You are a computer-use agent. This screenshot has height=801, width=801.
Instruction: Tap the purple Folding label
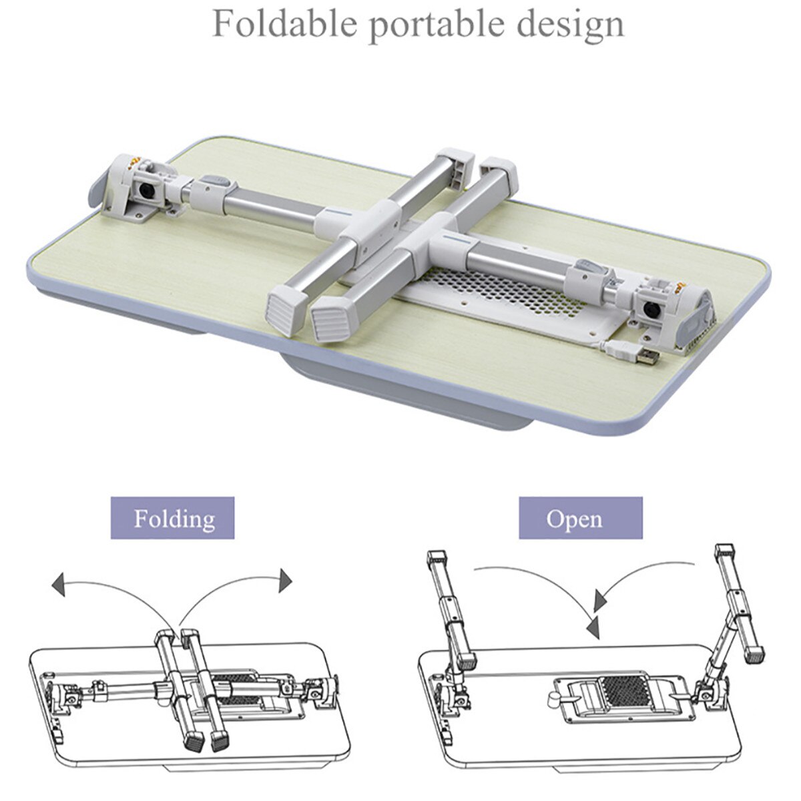(x=172, y=518)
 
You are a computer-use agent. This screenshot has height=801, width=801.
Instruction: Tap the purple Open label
(x=580, y=518)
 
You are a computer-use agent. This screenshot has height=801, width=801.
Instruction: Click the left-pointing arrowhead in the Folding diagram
(x=59, y=586)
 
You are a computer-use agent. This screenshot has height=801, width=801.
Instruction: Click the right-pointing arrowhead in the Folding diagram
(x=286, y=579)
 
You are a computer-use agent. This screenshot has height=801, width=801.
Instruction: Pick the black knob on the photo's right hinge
(x=653, y=308)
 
